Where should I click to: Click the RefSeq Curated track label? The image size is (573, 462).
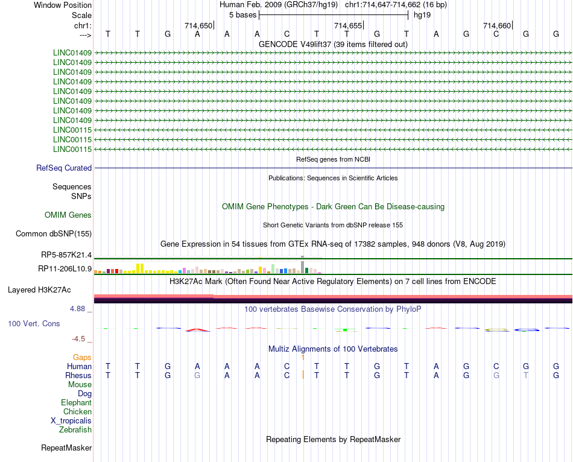tap(64, 168)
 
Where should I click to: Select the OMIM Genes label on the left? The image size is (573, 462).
tap(68, 215)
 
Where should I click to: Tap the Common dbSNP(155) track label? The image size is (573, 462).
tap(53, 234)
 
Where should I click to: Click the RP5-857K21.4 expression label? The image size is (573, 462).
tap(66, 256)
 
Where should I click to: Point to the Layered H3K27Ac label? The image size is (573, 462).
tap(49, 290)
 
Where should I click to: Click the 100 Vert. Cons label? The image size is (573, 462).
tap(34, 324)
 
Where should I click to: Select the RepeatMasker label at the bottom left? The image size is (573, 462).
tap(66, 448)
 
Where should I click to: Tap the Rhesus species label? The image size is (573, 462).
tap(78, 375)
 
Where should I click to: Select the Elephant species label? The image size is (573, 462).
tap(76, 403)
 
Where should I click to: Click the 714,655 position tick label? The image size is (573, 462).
tap(348, 26)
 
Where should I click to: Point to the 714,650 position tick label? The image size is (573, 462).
tap(198, 26)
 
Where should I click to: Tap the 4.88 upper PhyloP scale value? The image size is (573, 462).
tap(79, 309)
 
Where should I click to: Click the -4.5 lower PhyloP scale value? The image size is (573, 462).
tap(81, 339)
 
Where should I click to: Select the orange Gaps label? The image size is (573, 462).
tap(82, 358)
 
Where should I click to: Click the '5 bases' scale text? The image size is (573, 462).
tap(242, 14)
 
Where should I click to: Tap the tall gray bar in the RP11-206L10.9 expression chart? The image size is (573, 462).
tap(302, 266)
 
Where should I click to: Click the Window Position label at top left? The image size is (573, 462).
tap(63, 5)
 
